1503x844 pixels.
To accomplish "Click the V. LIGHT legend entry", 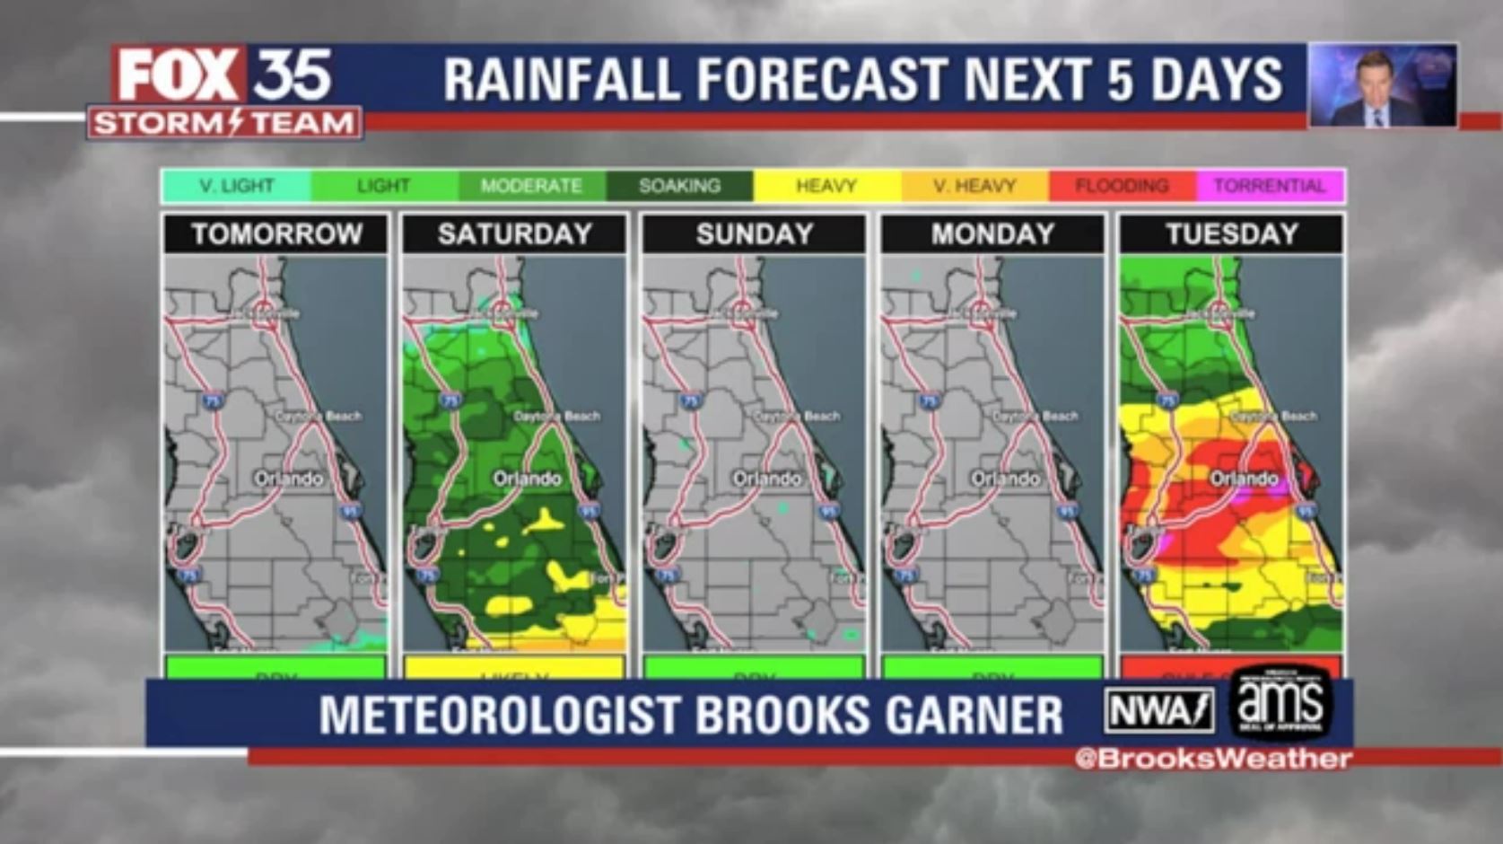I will (x=236, y=186).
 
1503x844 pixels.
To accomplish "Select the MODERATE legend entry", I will (x=531, y=186).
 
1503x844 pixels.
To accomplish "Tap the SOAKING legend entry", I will (x=679, y=186).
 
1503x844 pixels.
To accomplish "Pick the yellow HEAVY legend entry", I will (x=826, y=186).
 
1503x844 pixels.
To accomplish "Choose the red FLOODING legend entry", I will (x=1122, y=186).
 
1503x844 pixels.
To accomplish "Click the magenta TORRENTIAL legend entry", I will (x=1269, y=186).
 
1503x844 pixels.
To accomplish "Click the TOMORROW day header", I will (x=276, y=234).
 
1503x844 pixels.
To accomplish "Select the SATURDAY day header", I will (x=514, y=234).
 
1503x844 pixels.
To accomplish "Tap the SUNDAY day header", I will (x=754, y=234).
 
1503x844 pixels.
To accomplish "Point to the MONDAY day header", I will (x=992, y=234).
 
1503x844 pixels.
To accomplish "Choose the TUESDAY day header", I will (x=1231, y=234).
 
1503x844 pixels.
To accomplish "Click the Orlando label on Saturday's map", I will (x=527, y=479).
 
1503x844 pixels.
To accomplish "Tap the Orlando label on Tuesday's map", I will (x=1244, y=479).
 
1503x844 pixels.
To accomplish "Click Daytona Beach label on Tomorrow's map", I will (x=319, y=416).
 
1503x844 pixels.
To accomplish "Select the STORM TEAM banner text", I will (x=224, y=122).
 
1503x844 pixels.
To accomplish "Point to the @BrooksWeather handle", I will (x=1213, y=759).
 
